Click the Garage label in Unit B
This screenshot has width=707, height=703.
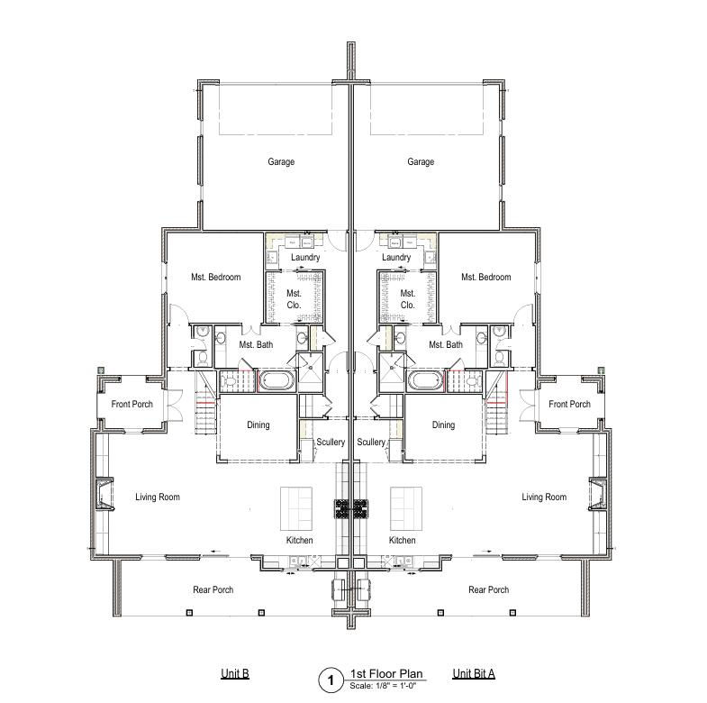point(281,161)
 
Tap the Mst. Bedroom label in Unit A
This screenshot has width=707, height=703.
point(486,277)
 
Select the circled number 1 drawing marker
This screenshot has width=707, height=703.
point(331,680)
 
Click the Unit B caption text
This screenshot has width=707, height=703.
point(235,673)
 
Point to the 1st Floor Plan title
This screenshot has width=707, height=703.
point(386,673)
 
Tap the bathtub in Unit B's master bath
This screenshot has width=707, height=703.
point(276,381)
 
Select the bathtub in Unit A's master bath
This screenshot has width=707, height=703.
point(426,381)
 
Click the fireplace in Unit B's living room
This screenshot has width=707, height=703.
point(104,494)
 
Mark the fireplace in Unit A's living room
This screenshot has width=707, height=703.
point(598,494)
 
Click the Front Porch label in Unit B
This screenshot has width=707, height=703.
point(132,405)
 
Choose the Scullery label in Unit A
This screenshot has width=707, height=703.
point(371,443)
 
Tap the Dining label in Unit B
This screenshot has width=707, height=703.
point(258,425)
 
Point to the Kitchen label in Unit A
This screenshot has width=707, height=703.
point(403,540)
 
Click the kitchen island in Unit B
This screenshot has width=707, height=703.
point(296,508)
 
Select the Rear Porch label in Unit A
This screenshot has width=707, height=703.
point(489,589)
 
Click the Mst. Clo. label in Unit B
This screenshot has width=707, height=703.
point(294,299)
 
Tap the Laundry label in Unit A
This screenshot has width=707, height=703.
point(396,257)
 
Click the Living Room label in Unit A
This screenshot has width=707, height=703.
point(544,497)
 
